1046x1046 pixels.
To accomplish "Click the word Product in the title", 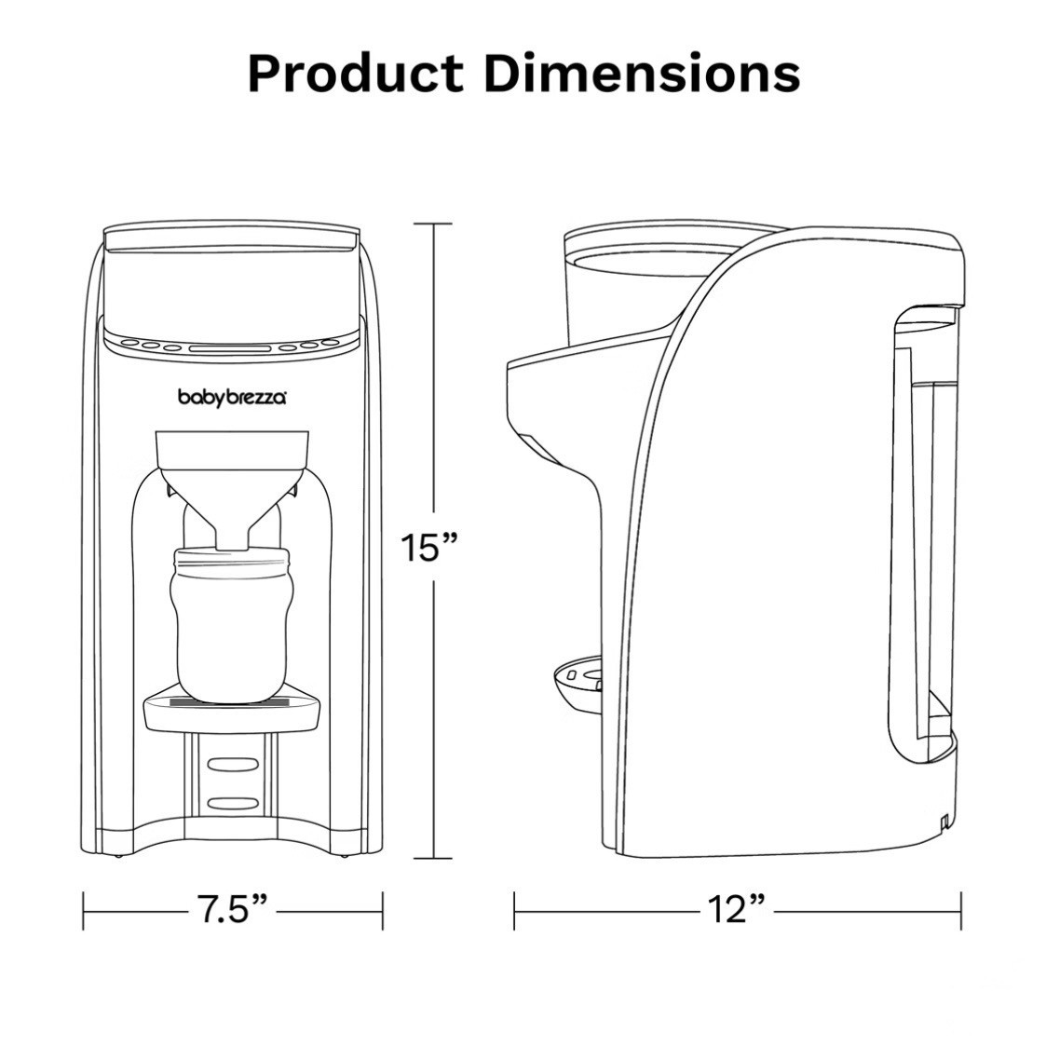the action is click(356, 73).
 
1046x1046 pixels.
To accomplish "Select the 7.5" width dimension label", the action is click(233, 910).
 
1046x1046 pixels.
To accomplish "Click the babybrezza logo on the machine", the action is click(232, 398).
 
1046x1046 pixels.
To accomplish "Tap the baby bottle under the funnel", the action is click(232, 624).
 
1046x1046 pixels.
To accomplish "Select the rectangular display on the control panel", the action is click(232, 348).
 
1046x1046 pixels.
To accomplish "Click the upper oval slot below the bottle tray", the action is click(232, 763).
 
